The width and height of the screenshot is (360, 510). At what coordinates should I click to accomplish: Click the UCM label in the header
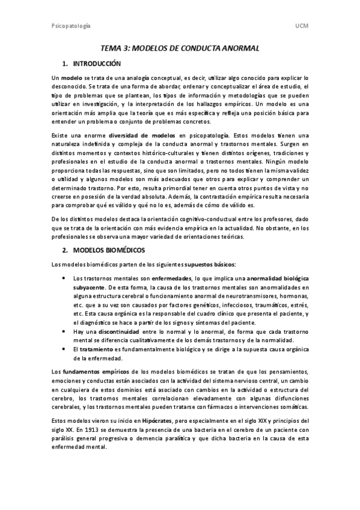(x=302, y=26)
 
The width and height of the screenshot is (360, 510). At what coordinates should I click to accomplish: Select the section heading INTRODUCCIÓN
(x=96, y=64)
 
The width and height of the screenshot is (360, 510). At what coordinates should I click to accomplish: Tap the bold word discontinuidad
(x=116, y=331)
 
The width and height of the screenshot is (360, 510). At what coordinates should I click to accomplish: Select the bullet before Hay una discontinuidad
(x=64, y=331)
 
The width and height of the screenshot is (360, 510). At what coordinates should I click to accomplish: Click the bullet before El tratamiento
(x=64, y=349)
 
